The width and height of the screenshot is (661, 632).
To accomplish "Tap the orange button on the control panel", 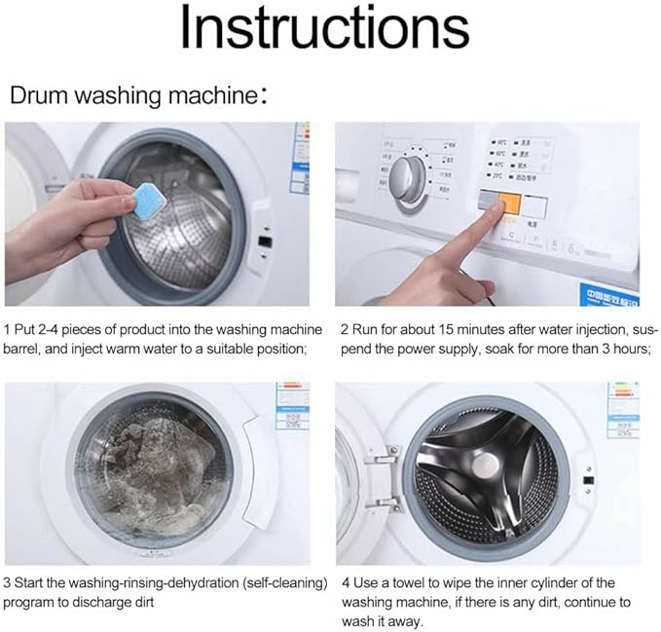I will (x=507, y=206).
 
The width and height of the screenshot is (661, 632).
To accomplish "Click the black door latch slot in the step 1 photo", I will (x=263, y=239).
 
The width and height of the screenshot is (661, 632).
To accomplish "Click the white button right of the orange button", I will (x=535, y=206).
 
